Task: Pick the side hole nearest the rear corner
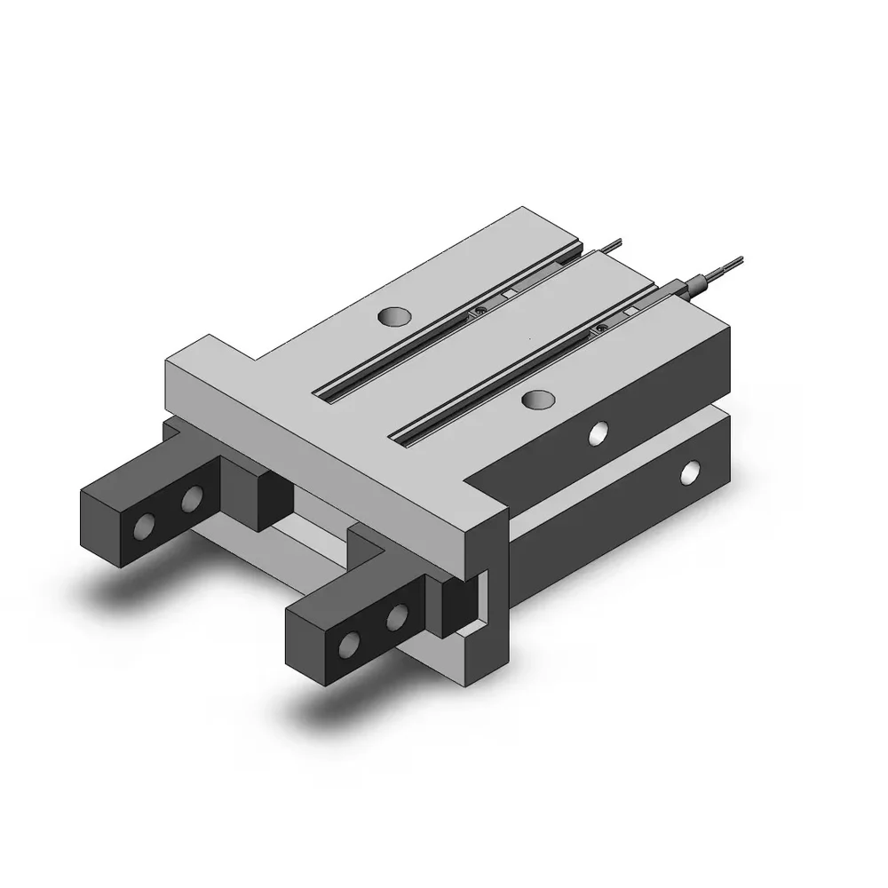tap(689, 472)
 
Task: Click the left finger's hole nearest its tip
tap(141, 528)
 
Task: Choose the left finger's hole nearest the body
tap(191, 503)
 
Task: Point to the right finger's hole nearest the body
tap(399, 614)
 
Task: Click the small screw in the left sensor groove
tap(480, 310)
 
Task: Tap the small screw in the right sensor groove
tap(602, 329)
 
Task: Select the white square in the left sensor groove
tap(508, 294)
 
